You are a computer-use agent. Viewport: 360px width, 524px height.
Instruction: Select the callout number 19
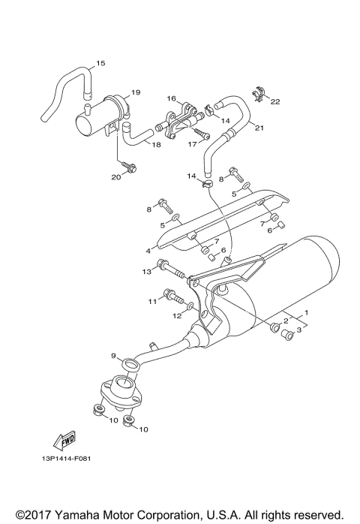click(x=136, y=93)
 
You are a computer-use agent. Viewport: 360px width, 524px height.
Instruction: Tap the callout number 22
click(x=274, y=102)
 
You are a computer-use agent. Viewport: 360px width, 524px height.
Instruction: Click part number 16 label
click(x=170, y=98)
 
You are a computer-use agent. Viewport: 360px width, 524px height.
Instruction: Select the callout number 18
click(x=156, y=145)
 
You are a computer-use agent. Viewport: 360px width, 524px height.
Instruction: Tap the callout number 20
click(x=115, y=177)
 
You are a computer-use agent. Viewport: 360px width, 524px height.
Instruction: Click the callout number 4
click(x=148, y=250)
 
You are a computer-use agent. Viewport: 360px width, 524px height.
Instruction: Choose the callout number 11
click(x=152, y=301)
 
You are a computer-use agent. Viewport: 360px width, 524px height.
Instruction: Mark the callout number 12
click(x=177, y=316)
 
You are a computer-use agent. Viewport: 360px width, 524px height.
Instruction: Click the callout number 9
click(x=114, y=355)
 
